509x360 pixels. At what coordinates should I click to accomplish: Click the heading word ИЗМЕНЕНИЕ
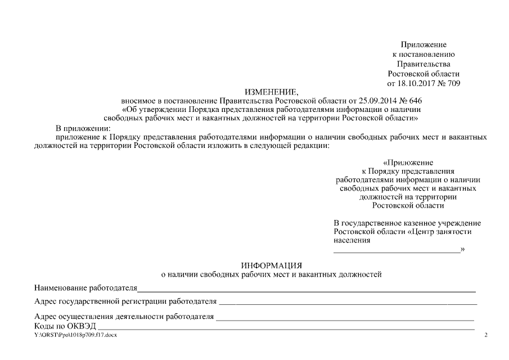point(272,92)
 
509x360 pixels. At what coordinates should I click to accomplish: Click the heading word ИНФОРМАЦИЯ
point(272,265)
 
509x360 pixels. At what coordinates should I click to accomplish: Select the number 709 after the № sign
point(453,83)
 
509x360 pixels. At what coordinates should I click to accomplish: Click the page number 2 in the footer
point(486,336)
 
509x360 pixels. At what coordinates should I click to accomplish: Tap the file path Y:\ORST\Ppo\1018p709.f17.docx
point(75,336)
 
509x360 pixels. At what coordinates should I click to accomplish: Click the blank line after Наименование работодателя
point(307,291)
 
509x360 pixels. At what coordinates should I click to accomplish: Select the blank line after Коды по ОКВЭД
point(286,328)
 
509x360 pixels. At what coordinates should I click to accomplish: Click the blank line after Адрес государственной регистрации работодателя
point(348,303)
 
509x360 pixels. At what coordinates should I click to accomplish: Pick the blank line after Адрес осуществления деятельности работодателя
point(345,318)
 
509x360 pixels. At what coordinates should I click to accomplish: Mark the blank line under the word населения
point(397,251)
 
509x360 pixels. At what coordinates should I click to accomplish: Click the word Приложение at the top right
point(424,44)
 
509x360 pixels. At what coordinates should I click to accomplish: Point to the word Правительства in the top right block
point(424,64)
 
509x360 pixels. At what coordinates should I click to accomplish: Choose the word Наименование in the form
point(60,289)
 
